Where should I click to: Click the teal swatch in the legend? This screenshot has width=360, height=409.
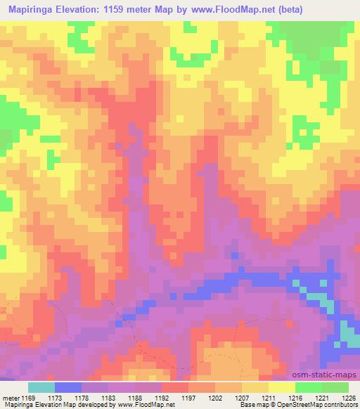pyautogui.click(x=41, y=387)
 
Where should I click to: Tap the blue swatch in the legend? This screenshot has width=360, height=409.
pyautogui.click(x=67, y=387)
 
